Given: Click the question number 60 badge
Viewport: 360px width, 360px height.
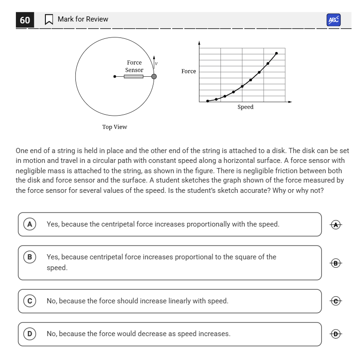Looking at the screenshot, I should [25, 20].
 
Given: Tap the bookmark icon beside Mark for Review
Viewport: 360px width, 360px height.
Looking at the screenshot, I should [48, 20].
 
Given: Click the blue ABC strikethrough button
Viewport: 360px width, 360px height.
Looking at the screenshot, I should [333, 20].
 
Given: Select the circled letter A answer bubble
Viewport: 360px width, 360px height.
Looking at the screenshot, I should [30, 224].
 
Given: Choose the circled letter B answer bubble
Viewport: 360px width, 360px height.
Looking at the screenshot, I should [30, 257].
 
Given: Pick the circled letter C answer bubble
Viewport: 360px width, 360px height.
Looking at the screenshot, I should [30, 301].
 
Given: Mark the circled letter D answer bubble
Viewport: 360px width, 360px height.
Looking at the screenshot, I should [30, 334].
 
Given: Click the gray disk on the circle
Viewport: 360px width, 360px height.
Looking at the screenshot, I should [154, 76].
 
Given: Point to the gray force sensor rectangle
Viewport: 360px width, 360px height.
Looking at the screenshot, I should [134, 76].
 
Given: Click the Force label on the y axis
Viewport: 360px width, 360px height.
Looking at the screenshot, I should [189, 71].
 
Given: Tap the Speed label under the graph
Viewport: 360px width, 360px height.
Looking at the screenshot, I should [245, 107].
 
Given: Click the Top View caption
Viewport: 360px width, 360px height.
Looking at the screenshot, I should [115, 127].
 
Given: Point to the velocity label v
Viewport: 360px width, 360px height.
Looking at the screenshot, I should [156, 63].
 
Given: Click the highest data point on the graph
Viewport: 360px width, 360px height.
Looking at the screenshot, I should [277, 53].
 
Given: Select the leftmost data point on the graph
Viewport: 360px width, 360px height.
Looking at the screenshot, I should [208, 101].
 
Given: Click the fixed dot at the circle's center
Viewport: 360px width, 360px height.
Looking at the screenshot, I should [115, 76].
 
